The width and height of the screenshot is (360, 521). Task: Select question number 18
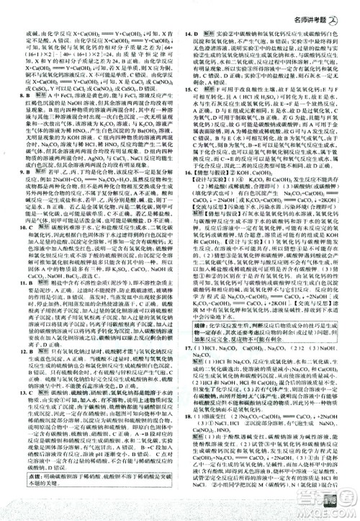tap(186, 456)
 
